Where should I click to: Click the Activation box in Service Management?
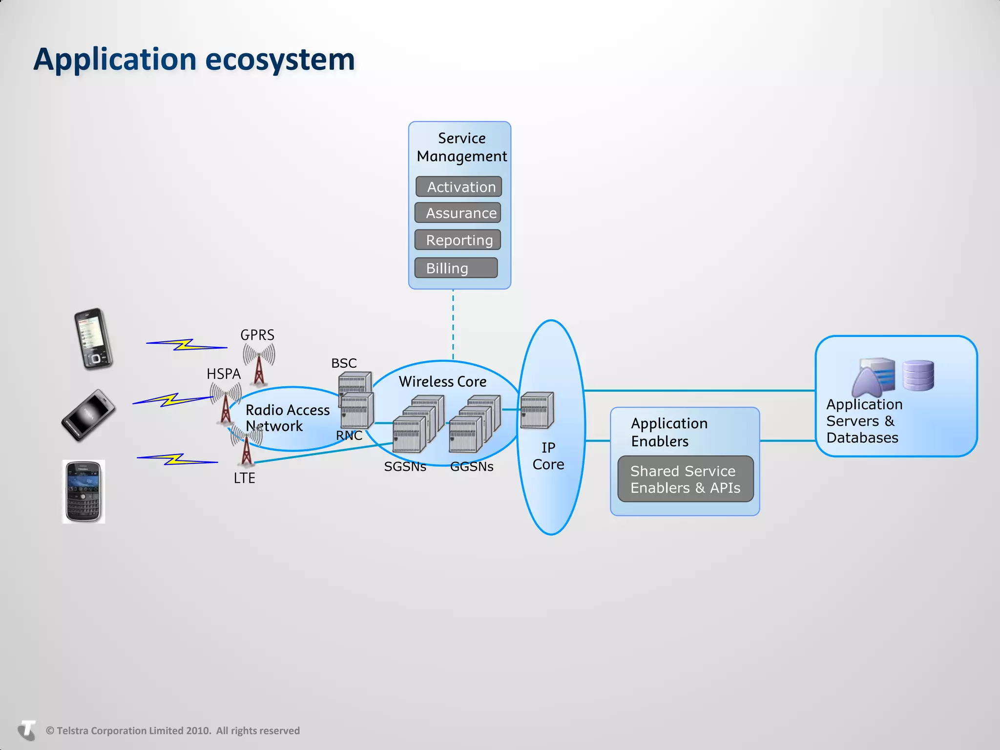458,187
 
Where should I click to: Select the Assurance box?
458,213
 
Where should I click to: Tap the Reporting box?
458,240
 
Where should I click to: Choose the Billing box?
456,268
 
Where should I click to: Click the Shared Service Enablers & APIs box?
685,479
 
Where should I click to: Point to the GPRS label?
257,335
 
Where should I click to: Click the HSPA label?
224,374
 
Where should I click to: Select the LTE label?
244,478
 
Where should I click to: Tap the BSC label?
344,363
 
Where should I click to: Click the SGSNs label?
405,467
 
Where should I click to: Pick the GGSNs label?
472,467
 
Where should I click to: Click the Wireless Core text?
442,382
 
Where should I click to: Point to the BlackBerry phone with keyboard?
83,491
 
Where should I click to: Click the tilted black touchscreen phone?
89,415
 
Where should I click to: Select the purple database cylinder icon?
918,375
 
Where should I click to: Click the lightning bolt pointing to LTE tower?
177,459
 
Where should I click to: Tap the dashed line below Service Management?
453,325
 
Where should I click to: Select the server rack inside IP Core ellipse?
537,410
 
